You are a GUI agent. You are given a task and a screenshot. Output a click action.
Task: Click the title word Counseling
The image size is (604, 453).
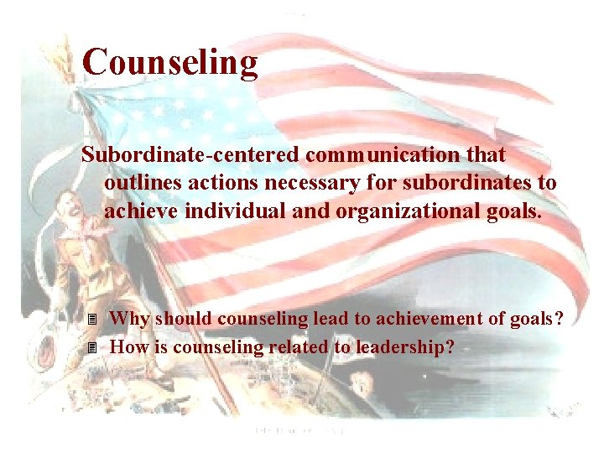pyautogui.click(x=170, y=63)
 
